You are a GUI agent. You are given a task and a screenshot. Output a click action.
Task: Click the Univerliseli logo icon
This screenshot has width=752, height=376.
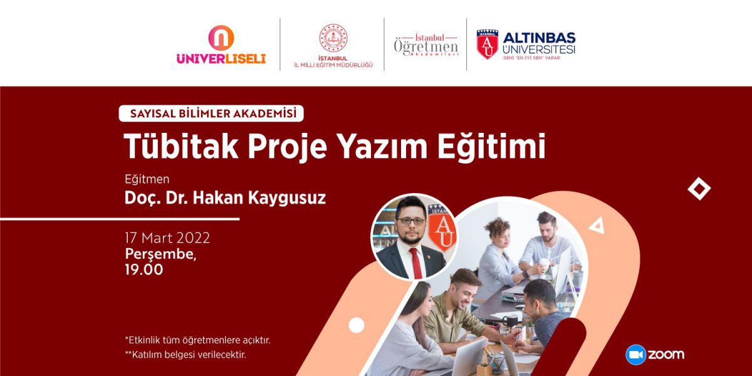[221, 38]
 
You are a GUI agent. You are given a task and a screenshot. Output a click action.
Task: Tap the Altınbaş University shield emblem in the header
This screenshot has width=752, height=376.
[487, 44]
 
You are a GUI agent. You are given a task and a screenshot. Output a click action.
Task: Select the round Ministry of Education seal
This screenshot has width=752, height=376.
[333, 38]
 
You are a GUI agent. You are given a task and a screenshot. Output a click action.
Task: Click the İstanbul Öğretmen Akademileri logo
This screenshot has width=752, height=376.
[426, 45]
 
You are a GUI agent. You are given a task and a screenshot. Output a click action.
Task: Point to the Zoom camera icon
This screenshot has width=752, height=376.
[635, 355]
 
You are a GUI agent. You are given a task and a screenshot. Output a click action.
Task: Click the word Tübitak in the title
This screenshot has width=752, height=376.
[181, 147]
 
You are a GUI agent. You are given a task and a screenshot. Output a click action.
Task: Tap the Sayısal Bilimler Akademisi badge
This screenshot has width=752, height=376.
[211, 113]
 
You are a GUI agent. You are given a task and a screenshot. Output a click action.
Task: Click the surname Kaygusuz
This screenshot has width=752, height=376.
[287, 198]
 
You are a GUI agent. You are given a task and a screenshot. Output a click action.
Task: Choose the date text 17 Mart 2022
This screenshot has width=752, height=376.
[167, 238]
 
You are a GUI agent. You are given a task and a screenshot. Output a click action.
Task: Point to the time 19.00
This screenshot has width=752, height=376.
[144, 269]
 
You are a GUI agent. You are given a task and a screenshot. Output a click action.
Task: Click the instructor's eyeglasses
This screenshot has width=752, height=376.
[410, 221]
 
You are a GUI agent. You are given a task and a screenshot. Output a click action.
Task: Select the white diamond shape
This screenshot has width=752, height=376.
[699, 189]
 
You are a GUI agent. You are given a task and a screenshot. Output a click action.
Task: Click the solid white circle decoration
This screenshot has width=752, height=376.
[357, 325]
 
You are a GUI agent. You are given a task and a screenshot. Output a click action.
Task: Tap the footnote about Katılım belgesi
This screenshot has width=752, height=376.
[185, 355]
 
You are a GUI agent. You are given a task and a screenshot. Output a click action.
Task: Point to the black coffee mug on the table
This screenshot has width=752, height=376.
[510, 321]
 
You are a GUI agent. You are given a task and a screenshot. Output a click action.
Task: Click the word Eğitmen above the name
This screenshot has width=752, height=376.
[147, 179]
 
